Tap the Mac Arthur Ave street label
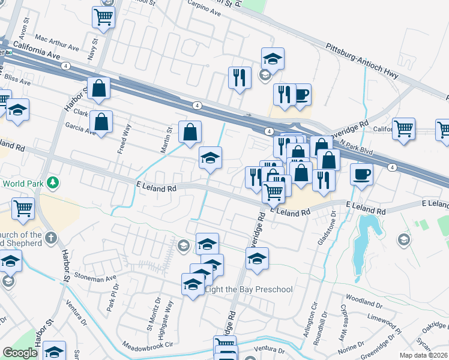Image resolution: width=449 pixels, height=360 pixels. [x=57, y=43]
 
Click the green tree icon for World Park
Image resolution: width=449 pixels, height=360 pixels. [x=53, y=182]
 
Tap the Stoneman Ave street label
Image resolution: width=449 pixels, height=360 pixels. [x=95, y=278]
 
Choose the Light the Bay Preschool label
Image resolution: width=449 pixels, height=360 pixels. [x=249, y=289]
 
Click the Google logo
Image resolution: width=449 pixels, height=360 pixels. [x=20, y=352]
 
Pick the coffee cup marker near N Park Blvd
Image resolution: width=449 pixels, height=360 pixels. [x=361, y=175]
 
